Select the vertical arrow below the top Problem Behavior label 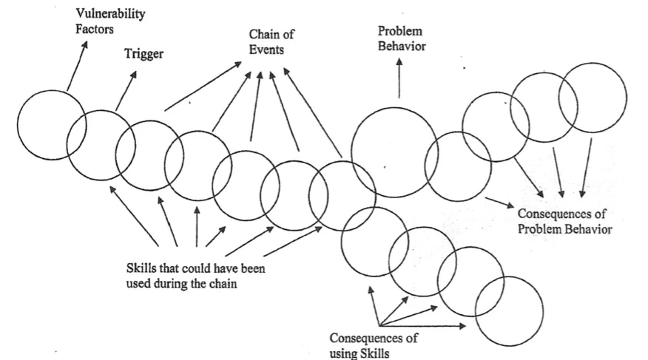[399, 78]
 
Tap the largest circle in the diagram [394, 152]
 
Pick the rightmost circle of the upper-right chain [592, 98]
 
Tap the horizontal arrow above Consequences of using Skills [422, 325]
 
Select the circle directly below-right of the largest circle [458, 166]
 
